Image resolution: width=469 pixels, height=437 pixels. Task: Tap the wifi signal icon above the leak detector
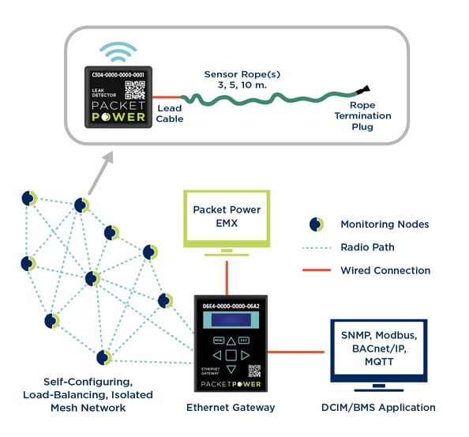tap(118, 53)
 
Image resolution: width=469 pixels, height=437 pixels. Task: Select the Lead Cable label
tap(169, 114)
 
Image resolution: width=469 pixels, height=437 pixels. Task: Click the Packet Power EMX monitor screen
tap(227, 217)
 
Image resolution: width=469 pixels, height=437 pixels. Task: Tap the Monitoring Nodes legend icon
tap(316, 224)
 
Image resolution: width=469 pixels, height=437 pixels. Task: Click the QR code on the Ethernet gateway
tap(254, 371)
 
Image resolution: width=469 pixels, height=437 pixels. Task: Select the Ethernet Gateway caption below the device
tap(231, 408)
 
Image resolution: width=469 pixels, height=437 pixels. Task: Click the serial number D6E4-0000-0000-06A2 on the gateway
tap(231, 304)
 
